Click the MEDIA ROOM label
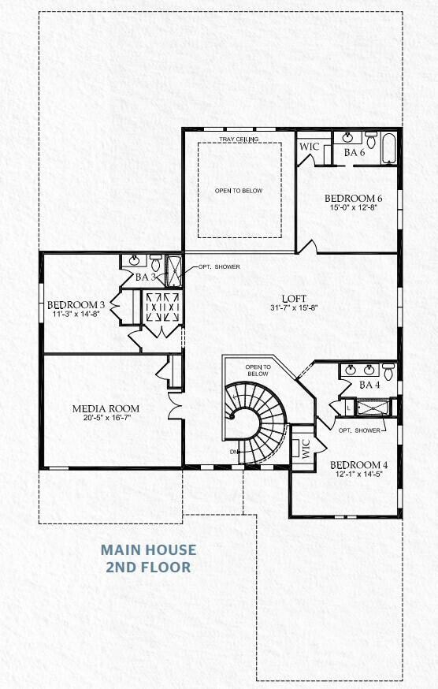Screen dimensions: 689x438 coord(106,408)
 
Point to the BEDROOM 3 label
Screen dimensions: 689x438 coord(76,305)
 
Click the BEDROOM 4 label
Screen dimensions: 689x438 coord(358,464)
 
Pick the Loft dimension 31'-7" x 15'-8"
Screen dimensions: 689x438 coord(290,307)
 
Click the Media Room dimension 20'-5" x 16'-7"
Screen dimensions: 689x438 coord(106,419)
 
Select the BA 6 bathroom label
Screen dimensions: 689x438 coord(354,152)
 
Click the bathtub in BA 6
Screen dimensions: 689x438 coord(390,148)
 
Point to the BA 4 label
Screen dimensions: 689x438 coord(369,385)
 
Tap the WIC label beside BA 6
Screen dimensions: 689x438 coord(307,147)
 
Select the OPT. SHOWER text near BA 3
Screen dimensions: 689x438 coord(219,266)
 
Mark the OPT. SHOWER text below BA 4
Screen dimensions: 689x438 coord(358,430)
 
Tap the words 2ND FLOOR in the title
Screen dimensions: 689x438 coord(148,566)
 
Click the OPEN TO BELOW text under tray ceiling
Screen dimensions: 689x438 coord(239,191)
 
